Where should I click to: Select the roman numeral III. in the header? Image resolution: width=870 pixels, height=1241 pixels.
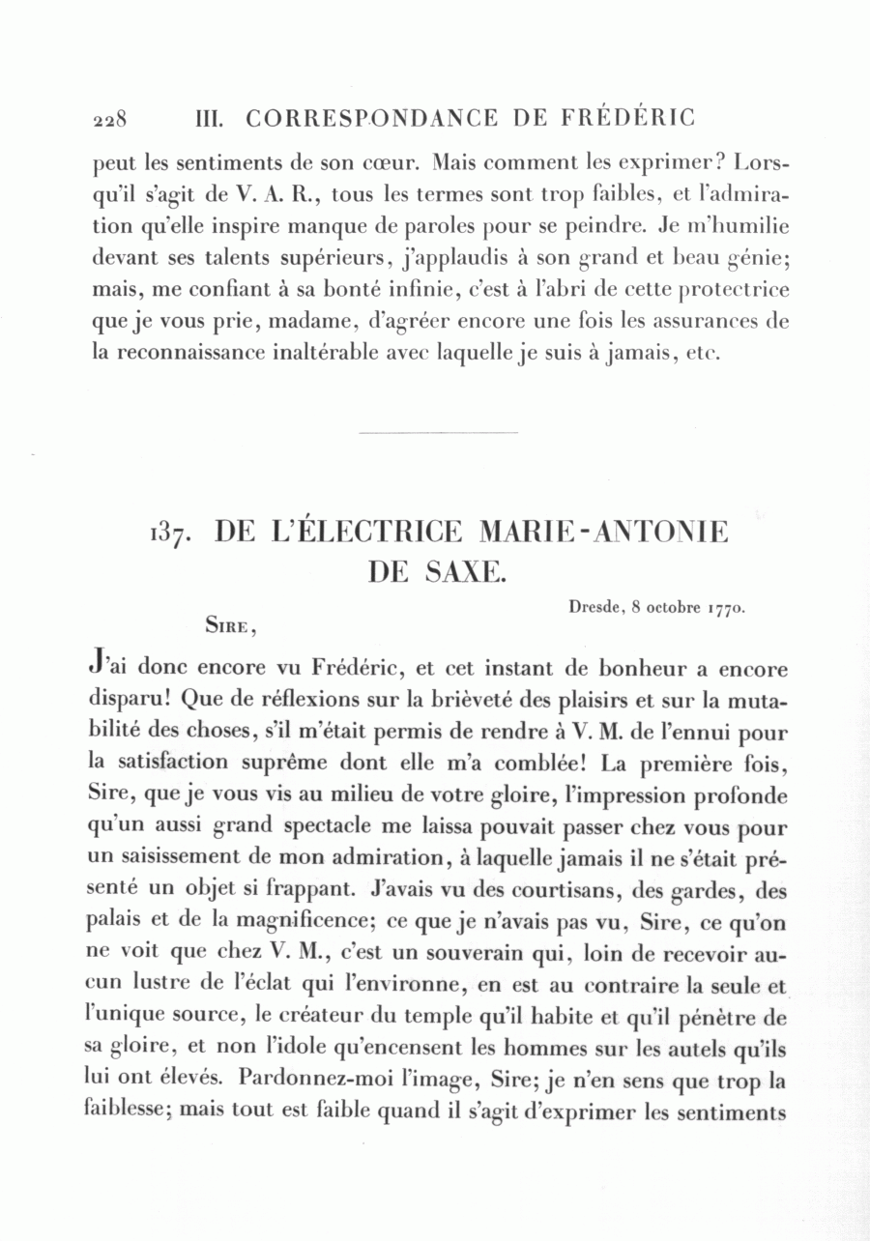[x=210, y=118]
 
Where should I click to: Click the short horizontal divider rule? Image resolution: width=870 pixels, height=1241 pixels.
[x=438, y=433]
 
